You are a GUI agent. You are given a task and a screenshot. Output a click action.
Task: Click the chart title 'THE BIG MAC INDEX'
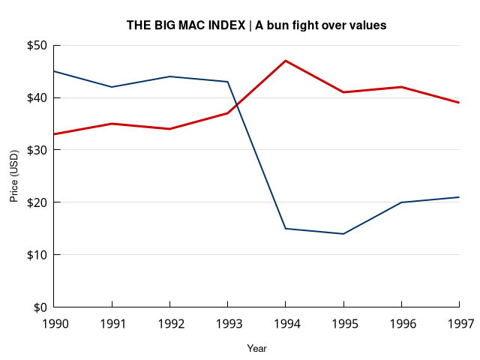186,25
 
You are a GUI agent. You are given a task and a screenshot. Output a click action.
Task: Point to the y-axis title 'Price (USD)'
13,176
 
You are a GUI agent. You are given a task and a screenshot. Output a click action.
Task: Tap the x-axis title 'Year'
256,349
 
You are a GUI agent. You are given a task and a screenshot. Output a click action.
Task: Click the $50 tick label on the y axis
37,46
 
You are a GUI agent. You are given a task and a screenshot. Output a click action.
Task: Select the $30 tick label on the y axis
37,150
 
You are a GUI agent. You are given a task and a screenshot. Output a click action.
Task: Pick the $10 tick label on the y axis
37,255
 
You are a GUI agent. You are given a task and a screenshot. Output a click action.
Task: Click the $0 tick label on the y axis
40,307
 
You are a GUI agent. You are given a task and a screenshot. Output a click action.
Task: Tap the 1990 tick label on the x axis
54,324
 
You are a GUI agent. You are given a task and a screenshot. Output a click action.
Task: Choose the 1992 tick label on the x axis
169,324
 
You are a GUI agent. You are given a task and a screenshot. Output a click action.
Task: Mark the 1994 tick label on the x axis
285,324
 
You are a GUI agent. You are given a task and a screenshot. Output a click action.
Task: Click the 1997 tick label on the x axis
458,324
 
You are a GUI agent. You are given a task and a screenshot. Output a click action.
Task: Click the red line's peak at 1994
286,61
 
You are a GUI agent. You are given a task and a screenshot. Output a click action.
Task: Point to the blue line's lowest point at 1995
343,234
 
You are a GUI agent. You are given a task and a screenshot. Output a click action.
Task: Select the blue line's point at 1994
286,229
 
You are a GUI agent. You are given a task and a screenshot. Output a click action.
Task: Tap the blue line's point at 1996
401,202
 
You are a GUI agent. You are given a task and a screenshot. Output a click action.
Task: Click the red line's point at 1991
112,124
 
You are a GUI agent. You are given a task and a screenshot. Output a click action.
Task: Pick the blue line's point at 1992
169,76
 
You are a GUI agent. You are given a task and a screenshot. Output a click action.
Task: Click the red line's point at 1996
401,87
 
